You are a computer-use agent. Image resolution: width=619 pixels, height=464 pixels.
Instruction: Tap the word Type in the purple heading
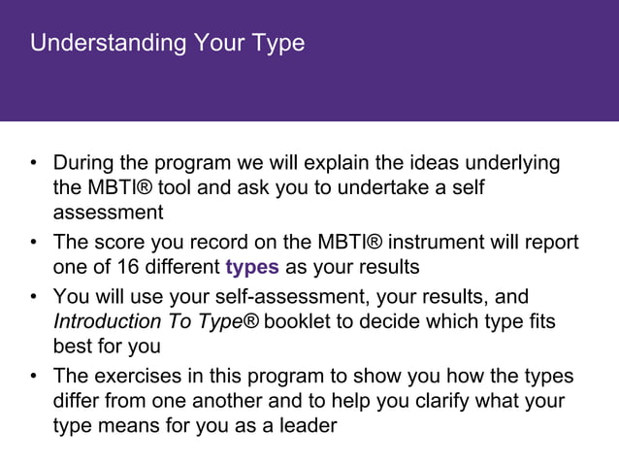(x=281, y=45)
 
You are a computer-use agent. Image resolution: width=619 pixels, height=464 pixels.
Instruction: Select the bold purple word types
(x=252, y=268)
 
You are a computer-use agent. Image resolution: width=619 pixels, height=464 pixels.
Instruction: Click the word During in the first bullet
(x=85, y=162)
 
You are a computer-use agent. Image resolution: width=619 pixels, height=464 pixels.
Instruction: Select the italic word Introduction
(x=109, y=320)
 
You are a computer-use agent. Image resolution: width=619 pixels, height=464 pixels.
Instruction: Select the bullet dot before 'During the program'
(x=34, y=163)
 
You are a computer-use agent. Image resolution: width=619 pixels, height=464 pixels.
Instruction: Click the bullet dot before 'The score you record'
(x=34, y=243)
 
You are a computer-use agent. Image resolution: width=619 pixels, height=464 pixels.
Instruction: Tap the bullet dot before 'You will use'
(x=34, y=296)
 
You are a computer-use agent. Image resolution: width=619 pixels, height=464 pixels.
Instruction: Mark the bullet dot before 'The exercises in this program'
(x=34, y=376)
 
